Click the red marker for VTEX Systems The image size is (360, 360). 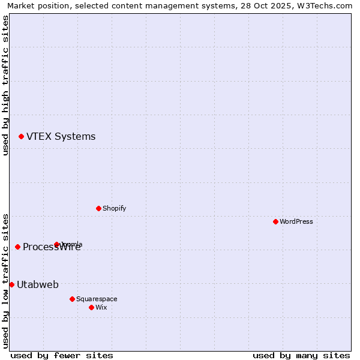point(21,137)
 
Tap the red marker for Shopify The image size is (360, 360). point(98,208)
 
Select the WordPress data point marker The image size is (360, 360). point(275,221)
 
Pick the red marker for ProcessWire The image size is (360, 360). point(17,247)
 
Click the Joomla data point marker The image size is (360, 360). point(57,244)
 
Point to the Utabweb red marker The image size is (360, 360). point(11,284)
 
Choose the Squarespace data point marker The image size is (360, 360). point(72,299)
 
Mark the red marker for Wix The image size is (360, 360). point(91,307)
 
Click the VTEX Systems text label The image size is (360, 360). point(61,137)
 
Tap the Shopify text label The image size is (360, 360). point(114,208)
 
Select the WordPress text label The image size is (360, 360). point(296,221)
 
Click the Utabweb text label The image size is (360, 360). point(38,284)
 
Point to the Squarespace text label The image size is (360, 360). point(97,299)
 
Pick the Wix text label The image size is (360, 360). point(101,307)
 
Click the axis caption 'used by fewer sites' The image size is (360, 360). point(62,355)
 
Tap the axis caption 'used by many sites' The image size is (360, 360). point(301,355)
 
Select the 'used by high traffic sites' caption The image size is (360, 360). point(5,85)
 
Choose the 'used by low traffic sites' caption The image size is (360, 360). point(5,280)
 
